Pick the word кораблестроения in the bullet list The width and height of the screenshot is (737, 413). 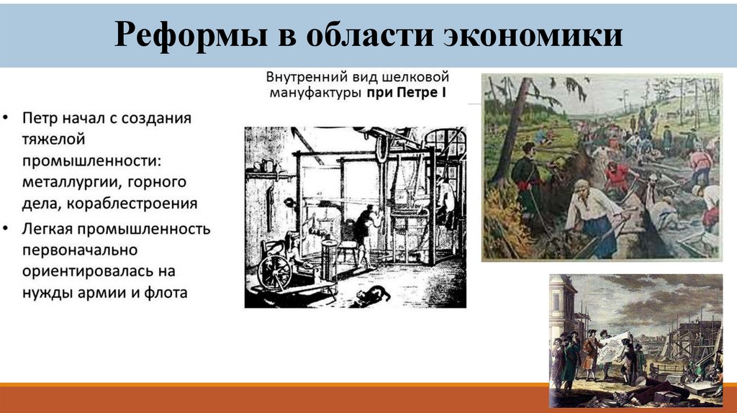coord(132,203)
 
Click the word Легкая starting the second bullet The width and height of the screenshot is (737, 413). coord(47,230)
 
